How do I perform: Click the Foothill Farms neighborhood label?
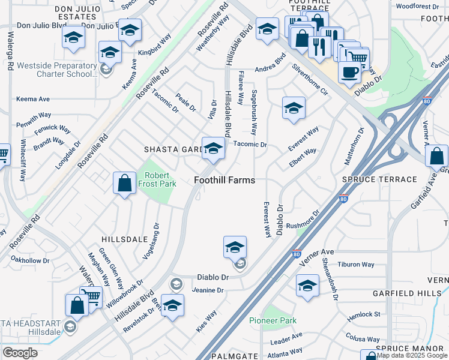[224, 180]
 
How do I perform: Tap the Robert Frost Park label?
[160, 180]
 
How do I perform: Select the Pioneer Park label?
[273, 320]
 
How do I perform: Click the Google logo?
[20, 353]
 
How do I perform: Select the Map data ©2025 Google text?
[412, 355]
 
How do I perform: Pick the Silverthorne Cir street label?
[310, 85]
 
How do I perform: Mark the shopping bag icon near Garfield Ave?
[436, 156]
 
